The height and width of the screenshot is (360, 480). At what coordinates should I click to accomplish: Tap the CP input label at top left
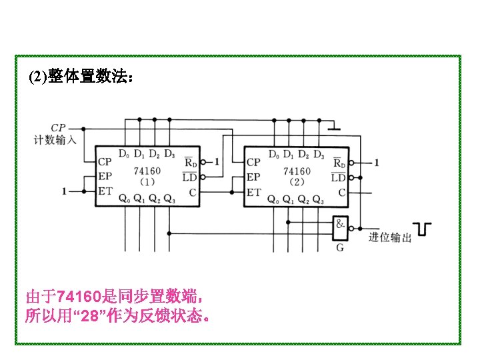point(58,128)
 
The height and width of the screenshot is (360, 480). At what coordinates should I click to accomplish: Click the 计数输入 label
point(56,140)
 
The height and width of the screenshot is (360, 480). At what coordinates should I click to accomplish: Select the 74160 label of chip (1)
point(147,171)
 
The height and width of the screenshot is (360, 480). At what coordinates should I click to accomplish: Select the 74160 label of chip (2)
point(296,171)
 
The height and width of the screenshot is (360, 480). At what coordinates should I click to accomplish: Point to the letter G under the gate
point(340,248)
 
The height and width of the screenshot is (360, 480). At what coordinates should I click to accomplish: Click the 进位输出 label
point(390,236)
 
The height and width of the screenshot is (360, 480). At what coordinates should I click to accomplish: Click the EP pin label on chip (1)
point(105,177)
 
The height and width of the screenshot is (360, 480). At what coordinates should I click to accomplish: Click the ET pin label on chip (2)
point(253,192)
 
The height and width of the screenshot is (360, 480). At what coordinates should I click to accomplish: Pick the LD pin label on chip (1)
point(189,177)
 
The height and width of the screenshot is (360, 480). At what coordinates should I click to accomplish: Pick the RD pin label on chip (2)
point(339,161)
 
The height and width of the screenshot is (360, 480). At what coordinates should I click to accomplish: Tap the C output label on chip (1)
point(192,192)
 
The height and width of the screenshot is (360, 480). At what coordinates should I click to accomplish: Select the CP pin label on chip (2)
point(253,161)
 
